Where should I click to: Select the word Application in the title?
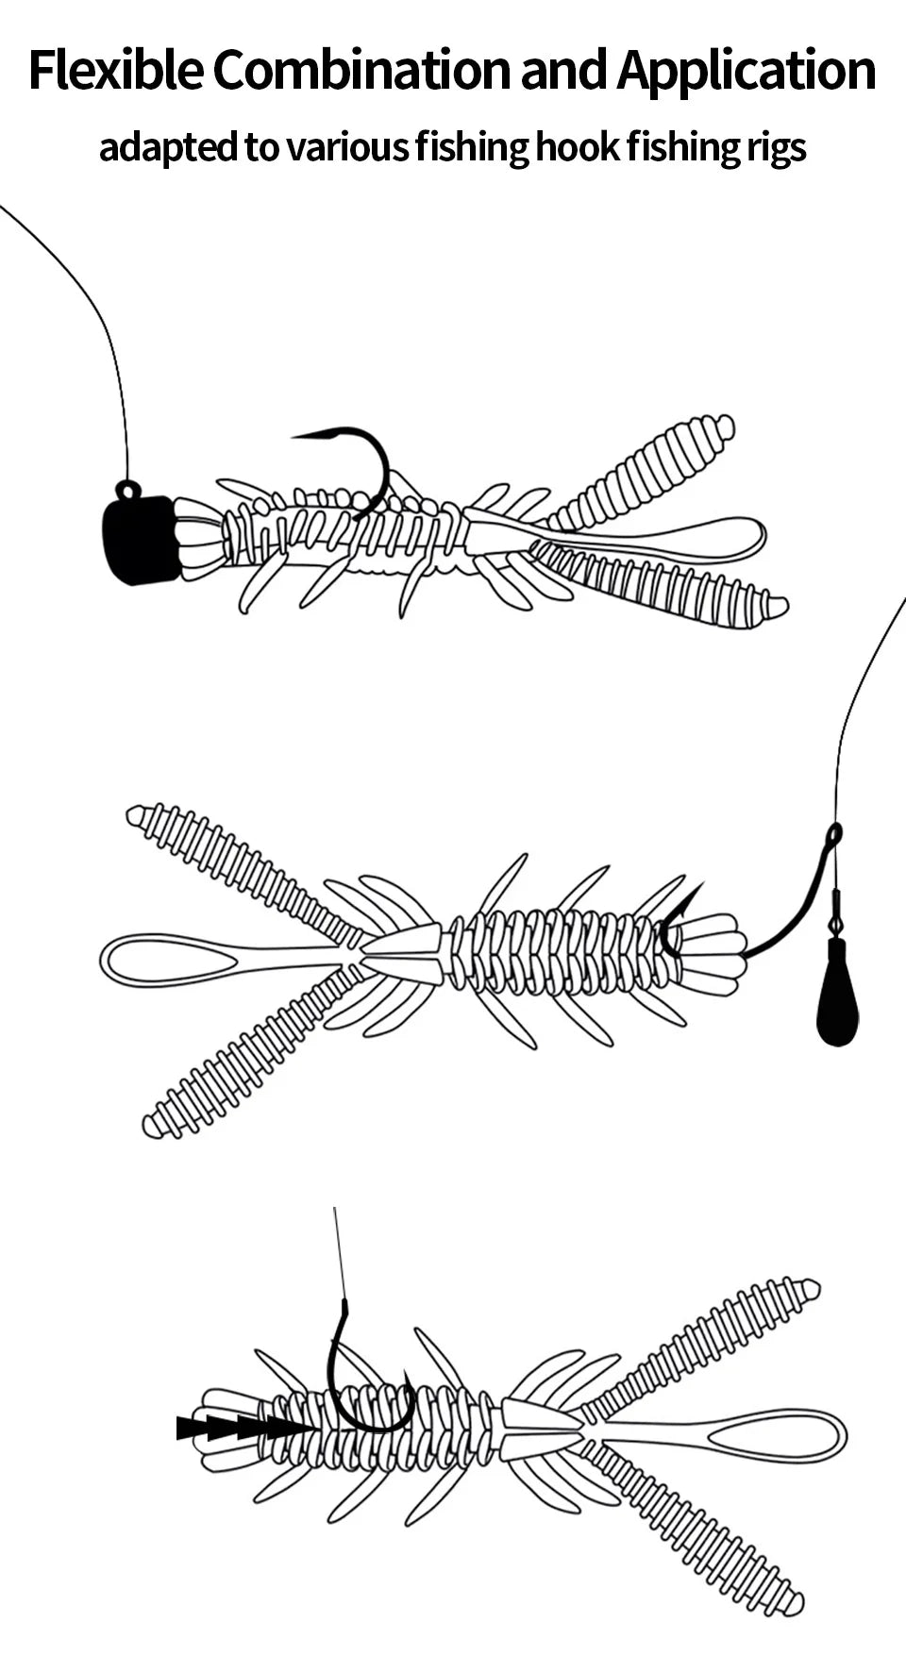click(x=746, y=71)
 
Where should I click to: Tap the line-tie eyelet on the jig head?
click(x=127, y=489)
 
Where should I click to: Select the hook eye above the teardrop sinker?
click(x=834, y=834)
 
